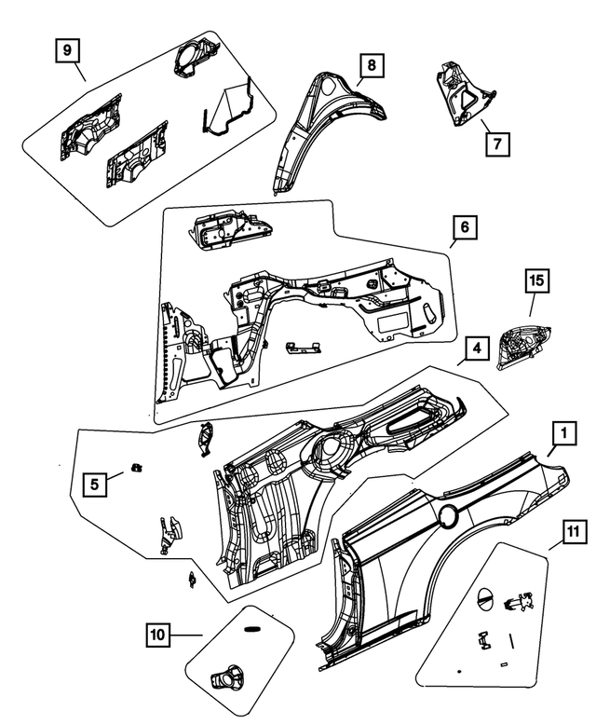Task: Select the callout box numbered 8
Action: click(x=372, y=65)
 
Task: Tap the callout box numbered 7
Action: click(x=497, y=143)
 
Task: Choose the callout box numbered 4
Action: click(x=475, y=348)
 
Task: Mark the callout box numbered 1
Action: click(x=562, y=432)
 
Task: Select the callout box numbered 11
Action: click(x=572, y=532)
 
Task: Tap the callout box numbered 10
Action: click(x=158, y=635)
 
